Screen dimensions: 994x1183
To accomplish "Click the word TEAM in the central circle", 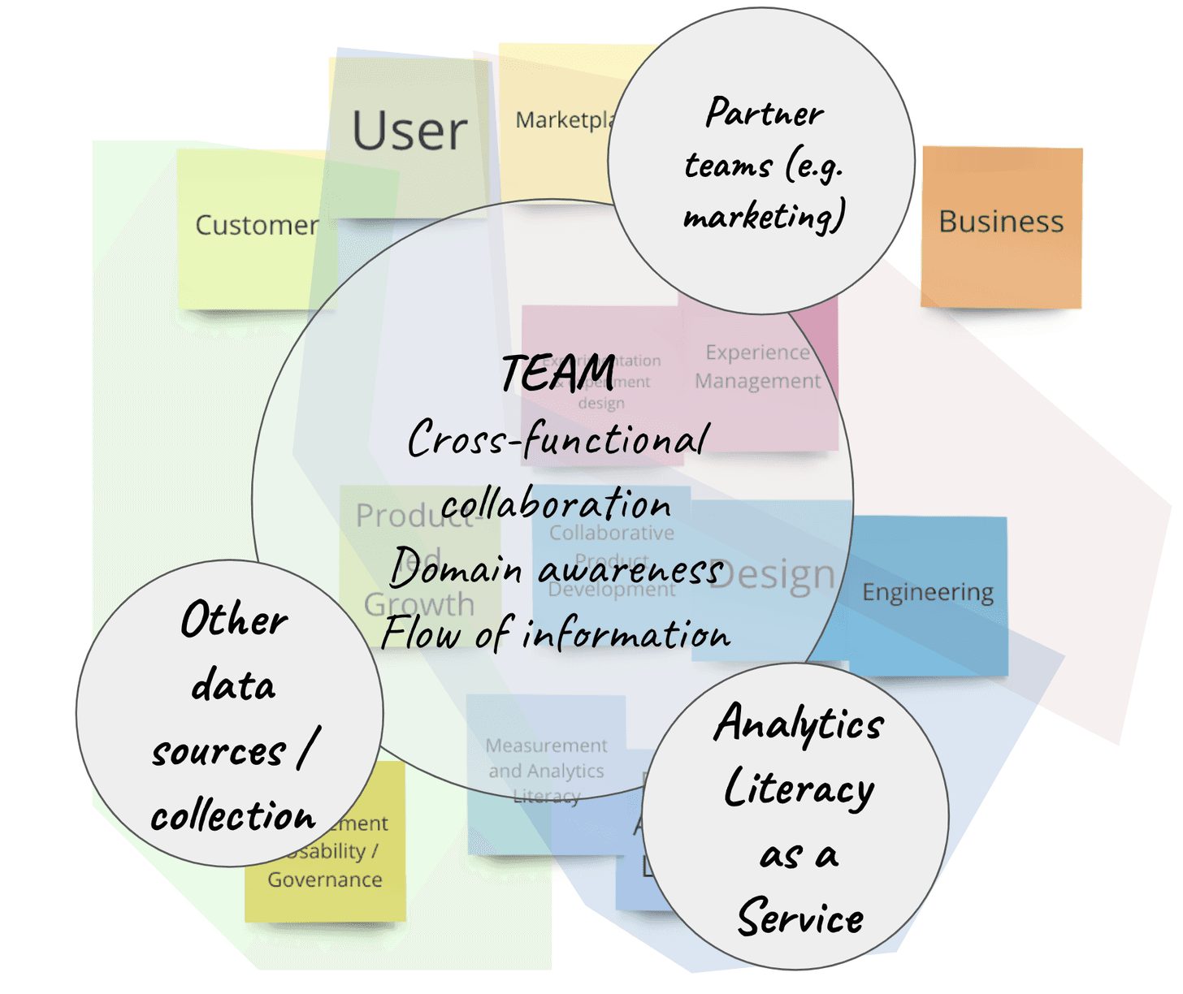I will (558, 374).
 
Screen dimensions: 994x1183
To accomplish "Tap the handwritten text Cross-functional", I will (558, 439).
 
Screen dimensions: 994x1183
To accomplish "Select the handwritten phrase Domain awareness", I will (557, 568).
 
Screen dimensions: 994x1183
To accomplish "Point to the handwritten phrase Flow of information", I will (557, 634).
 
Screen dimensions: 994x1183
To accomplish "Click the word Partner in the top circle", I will (765, 113).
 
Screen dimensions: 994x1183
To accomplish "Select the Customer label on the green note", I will (257, 225).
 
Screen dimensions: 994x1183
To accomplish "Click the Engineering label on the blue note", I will (928, 592).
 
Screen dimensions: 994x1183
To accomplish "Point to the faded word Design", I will (772, 575).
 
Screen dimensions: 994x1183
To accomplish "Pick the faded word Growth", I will (419, 604).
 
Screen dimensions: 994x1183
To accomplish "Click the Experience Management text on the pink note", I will (758, 366).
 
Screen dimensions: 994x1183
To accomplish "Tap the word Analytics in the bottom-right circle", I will (799, 723).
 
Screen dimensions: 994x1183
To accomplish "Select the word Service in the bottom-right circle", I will (800, 918).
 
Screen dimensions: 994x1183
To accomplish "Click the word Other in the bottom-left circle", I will (234, 620).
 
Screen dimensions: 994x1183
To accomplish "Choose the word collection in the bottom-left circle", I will (233, 815).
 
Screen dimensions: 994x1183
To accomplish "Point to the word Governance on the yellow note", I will (325, 879).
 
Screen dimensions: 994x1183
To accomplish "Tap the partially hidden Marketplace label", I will (565, 120).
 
